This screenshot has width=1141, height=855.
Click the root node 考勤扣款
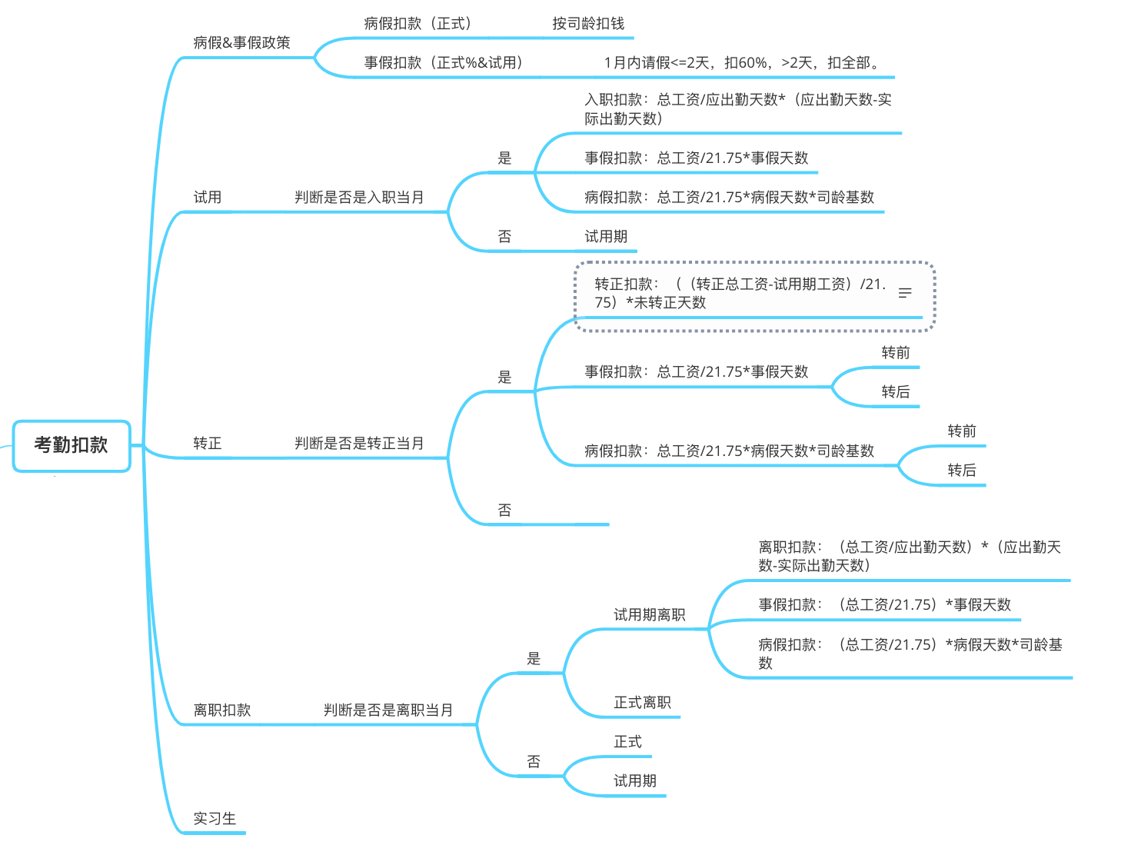[71, 445]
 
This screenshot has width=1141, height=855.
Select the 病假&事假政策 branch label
[241, 43]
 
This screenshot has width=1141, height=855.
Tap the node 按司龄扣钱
[588, 24]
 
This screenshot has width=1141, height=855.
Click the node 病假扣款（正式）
[418, 24]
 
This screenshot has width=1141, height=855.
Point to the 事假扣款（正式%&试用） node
[444, 63]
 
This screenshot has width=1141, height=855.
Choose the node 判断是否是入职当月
[359, 198]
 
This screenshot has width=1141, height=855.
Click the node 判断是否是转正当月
[359, 444]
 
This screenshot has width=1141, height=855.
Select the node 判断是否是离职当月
[388, 710]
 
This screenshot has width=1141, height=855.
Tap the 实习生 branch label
[215, 819]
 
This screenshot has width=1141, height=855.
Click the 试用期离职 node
[649, 615]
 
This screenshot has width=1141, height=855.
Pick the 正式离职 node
[642, 703]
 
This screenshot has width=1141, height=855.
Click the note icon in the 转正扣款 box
[905, 293]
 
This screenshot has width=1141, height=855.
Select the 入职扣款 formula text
[737, 109]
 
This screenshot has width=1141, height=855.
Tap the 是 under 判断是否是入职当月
[504, 158]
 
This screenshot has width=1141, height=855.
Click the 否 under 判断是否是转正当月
[504, 511]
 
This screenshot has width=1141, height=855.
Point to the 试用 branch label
[208, 198]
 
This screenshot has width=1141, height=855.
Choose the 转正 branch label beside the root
[208, 444]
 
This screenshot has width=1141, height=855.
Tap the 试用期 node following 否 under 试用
[606, 237]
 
